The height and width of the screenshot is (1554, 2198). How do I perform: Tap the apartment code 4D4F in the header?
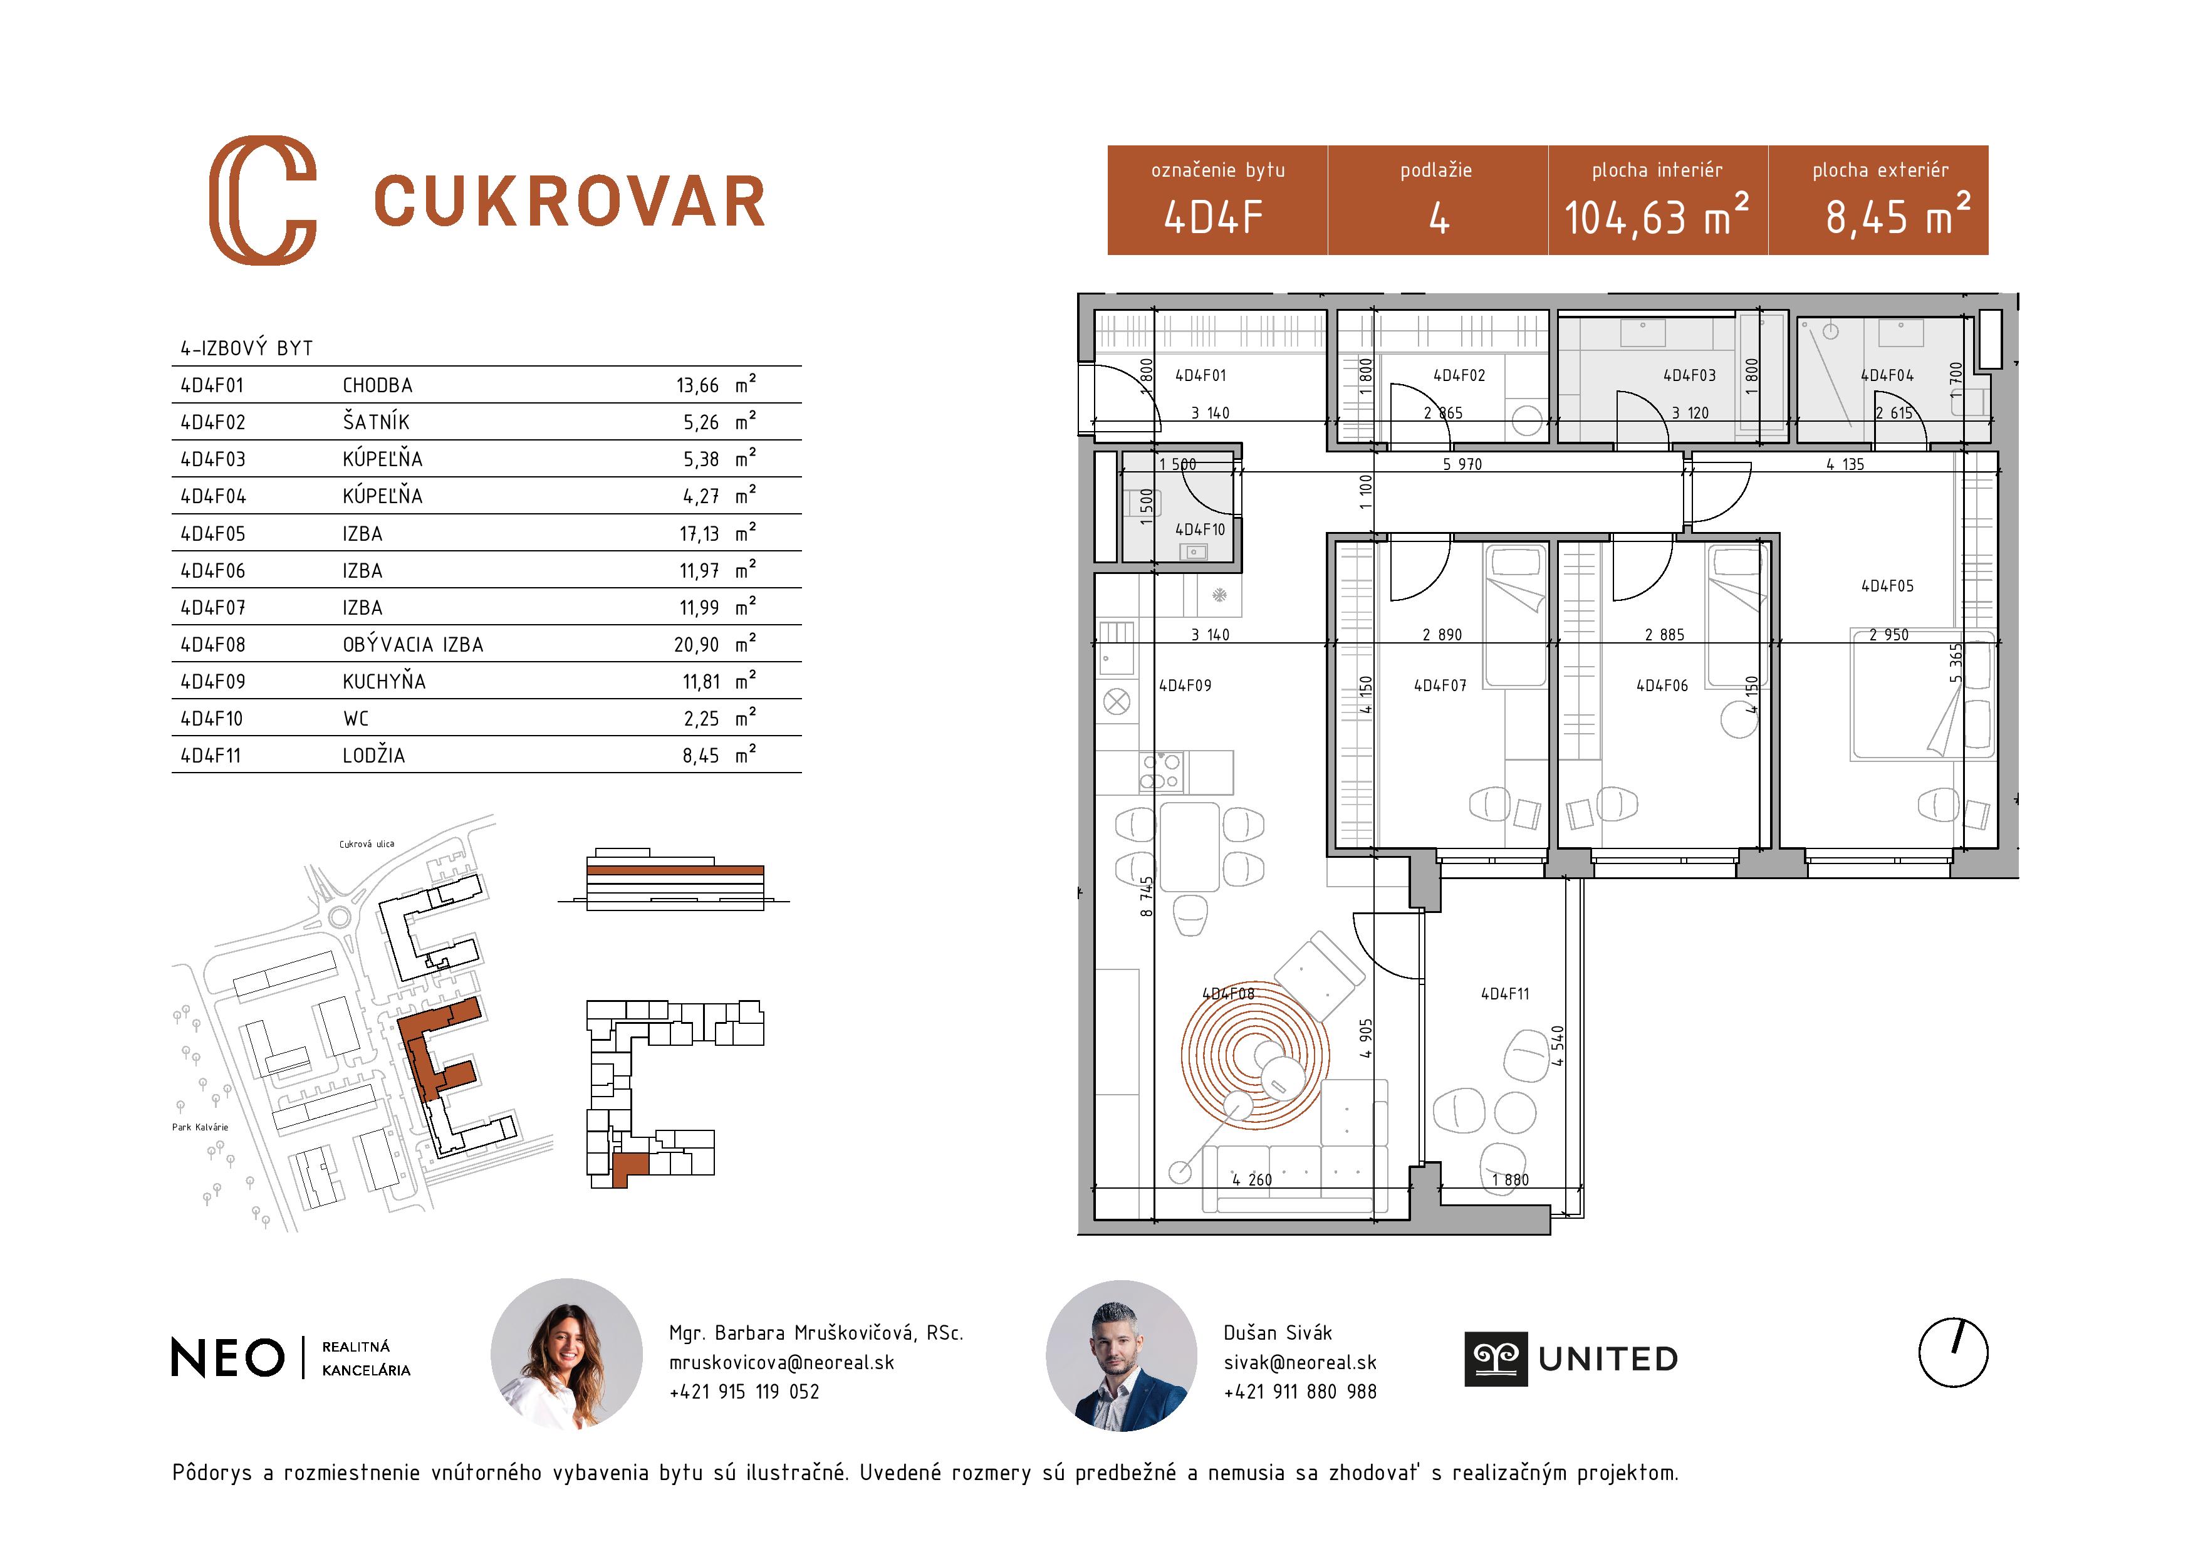tap(1213, 218)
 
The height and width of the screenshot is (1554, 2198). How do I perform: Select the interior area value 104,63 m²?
tap(1655, 216)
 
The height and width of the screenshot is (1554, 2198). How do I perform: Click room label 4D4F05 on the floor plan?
tap(1887, 586)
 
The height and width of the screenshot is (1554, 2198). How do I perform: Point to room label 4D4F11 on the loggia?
tap(1505, 994)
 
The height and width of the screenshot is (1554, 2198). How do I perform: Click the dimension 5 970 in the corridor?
tap(1462, 464)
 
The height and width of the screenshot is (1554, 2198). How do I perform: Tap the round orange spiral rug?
tap(1254, 1055)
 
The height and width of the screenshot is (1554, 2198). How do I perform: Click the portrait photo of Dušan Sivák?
tap(1121, 1355)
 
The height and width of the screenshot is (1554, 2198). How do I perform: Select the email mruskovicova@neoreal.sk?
tap(781, 1362)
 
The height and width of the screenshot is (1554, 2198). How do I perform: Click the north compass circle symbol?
tap(1953, 1352)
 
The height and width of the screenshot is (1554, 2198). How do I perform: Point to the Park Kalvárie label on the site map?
tap(200, 1127)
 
